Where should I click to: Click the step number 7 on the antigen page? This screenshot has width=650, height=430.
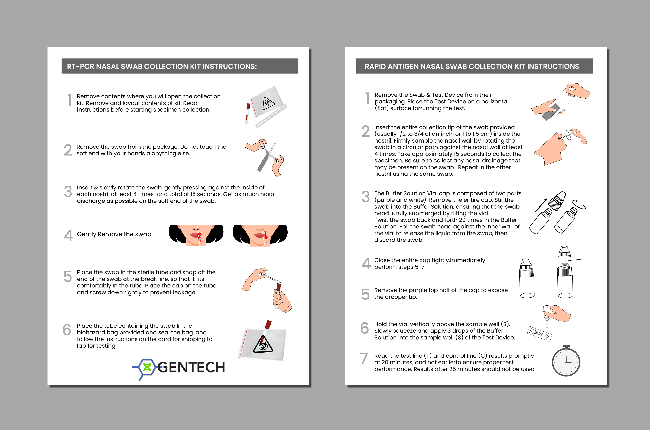364,358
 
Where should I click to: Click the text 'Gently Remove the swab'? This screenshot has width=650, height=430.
114,234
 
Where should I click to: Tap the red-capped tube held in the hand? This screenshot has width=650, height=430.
278,295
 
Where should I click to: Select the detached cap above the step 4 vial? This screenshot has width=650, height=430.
564,252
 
